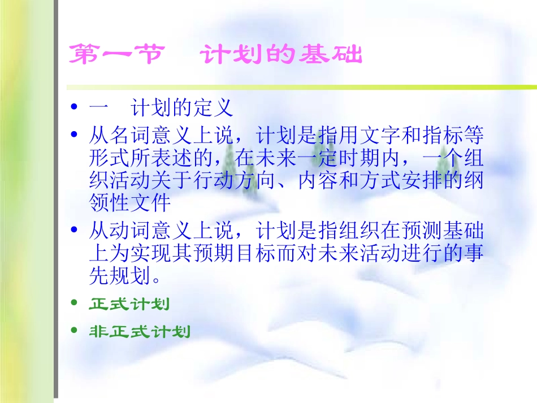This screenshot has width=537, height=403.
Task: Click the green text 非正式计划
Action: (140, 332)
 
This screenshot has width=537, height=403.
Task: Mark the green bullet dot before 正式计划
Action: (74, 304)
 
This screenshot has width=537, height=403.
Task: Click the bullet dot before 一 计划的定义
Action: (74, 107)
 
